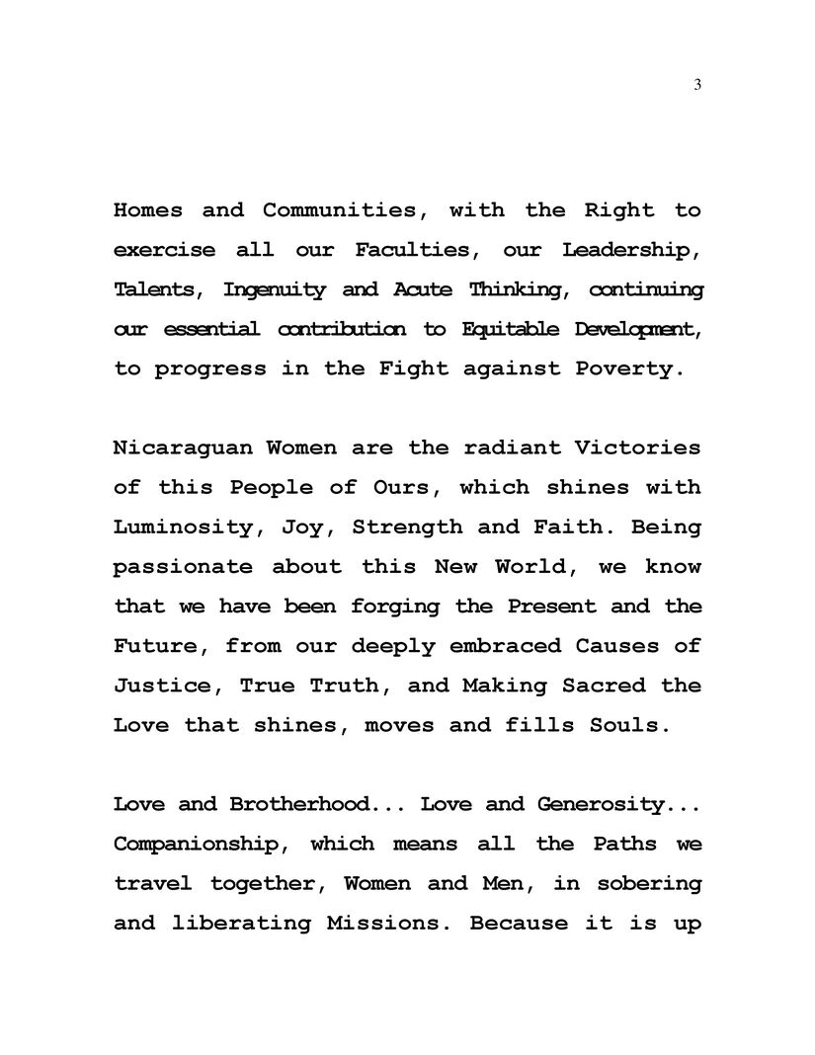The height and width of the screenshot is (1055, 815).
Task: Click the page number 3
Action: pyautogui.click(x=697, y=86)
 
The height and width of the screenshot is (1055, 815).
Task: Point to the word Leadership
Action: pyautogui.click(x=631, y=250)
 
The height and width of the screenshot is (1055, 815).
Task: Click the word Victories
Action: pyautogui.click(x=633, y=447)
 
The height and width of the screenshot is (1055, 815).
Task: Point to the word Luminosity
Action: pyautogui.click(x=182, y=527)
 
